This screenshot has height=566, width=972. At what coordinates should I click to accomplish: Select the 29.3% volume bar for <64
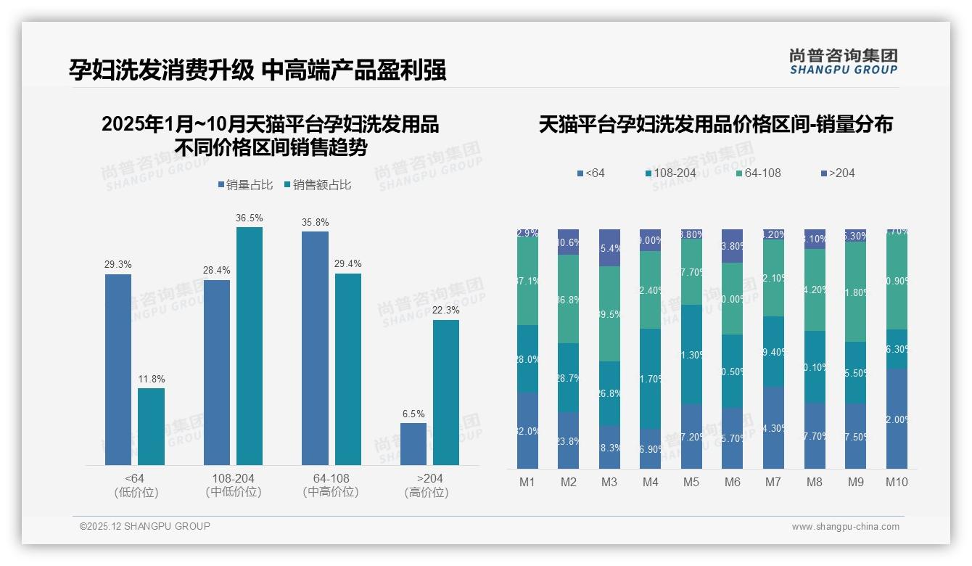click(118, 369)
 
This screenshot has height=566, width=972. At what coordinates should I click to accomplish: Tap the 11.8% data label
click(152, 379)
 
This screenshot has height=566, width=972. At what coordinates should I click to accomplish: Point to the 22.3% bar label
click(446, 310)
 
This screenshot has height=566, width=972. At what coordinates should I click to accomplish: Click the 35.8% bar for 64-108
click(315, 348)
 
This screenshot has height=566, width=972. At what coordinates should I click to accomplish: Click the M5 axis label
click(691, 482)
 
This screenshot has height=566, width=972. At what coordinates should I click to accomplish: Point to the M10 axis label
click(897, 482)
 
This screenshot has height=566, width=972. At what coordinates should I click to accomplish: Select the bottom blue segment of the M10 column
click(897, 419)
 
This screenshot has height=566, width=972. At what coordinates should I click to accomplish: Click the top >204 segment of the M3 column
click(609, 247)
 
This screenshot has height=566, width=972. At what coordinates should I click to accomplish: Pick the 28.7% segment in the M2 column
click(569, 378)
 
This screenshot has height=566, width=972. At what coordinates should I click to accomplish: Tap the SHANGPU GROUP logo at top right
click(843, 62)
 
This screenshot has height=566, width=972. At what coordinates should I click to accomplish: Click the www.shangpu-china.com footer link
click(845, 527)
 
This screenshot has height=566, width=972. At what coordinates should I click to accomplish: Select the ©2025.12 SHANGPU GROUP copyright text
click(145, 526)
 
